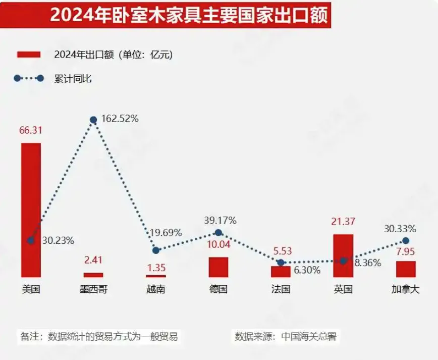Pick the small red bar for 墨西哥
[x=93, y=275]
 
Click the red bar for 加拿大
[x=406, y=269]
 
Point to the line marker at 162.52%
[x=93, y=120]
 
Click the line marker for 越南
[x=156, y=250]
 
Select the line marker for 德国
[x=218, y=232]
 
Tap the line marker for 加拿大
[x=406, y=241]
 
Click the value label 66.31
[x=31, y=130]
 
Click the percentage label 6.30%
[x=307, y=270]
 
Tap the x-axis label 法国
[x=281, y=289]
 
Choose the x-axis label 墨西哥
[x=93, y=289]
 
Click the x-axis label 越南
[x=156, y=289]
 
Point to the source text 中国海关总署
[x=308, y=336]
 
